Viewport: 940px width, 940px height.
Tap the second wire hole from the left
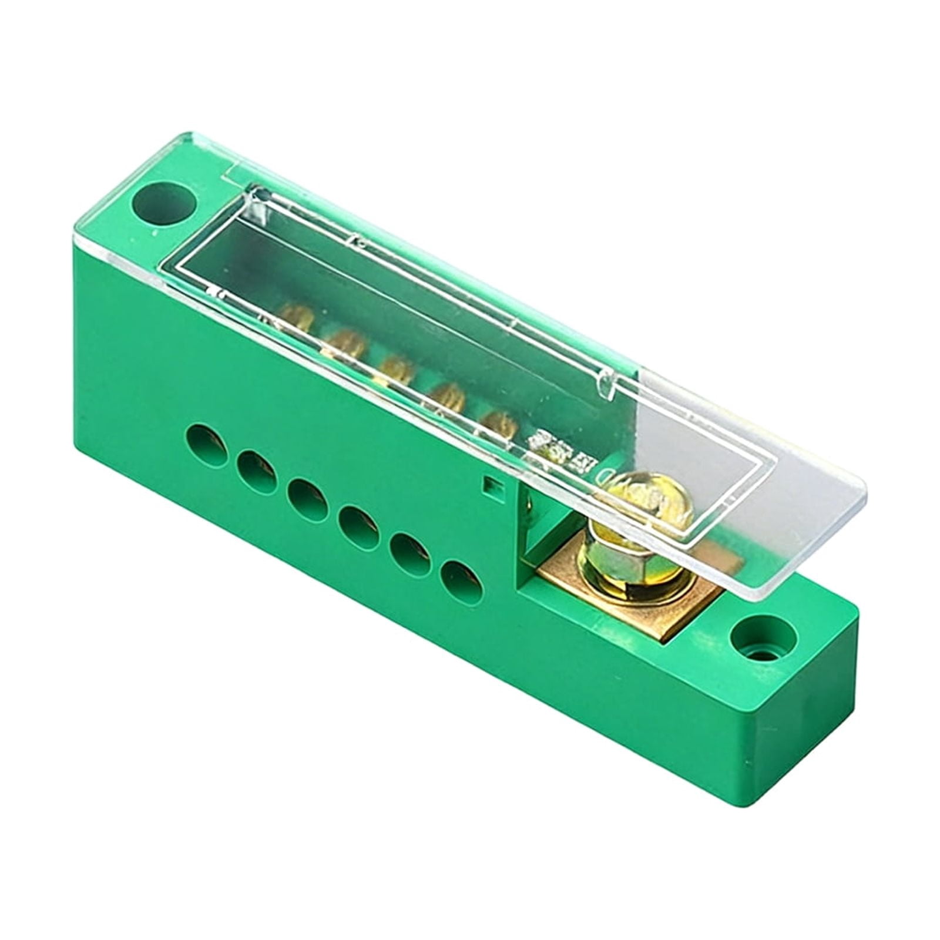tap(257, 472)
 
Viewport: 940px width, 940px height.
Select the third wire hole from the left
tap(307, 501)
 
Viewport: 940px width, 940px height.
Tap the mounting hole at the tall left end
tap(163, 204)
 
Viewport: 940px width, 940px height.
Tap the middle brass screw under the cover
tap(396, 369)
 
